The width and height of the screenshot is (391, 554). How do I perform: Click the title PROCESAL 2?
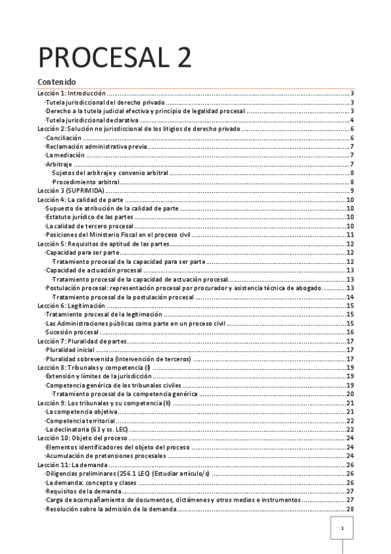(115, 58)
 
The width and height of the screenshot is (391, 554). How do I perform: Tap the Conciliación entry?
(63, 138)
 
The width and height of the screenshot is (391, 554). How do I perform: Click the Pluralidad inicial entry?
(70, 350)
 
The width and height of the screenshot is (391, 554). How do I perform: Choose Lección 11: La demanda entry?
(72, 464)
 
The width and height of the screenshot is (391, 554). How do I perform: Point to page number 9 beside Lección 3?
(352, 190)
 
